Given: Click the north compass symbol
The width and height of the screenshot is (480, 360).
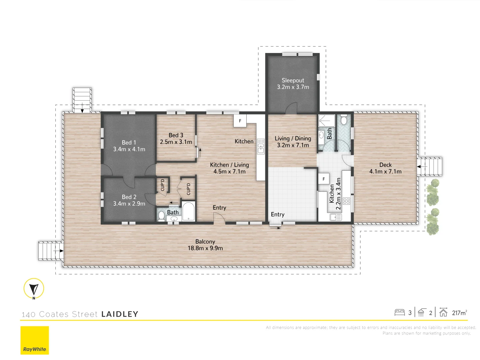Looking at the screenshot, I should coord(34,288).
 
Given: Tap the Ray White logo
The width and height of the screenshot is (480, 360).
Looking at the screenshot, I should coord(35,340).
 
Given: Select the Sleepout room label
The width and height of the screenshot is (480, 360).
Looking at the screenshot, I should coord(293,80).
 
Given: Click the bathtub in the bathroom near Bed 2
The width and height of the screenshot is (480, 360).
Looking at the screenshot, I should coord(188,211).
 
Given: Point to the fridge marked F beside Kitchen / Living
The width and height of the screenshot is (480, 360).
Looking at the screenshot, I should coord(240,121).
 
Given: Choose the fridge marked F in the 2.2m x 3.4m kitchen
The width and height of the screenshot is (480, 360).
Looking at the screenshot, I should coord(324,179).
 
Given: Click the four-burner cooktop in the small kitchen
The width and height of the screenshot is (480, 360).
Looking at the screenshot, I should coord(346,201).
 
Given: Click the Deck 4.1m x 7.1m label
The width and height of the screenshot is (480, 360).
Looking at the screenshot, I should coord(385,168).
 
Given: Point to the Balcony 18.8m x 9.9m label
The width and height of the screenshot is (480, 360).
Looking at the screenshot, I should coord(205,245).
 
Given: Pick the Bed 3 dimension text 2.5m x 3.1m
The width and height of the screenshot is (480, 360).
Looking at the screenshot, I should coord(176,142).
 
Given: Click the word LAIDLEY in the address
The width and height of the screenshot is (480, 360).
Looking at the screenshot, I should coord(120,314).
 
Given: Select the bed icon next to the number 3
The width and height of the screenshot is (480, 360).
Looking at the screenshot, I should coord(399,312).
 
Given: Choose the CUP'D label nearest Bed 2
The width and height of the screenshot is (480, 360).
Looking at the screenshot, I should coord(163,185).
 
